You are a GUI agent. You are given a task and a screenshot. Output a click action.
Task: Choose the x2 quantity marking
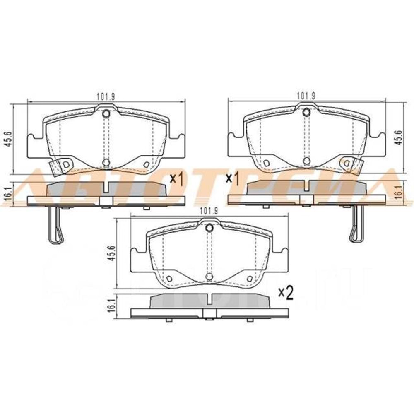pyautogui.click(x=286, y=293)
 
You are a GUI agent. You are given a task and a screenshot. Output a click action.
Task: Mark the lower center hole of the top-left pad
pyautogui.click(x=106, y=162)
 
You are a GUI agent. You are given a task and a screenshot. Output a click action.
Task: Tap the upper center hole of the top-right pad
pyautogui.click(x=306, y=111)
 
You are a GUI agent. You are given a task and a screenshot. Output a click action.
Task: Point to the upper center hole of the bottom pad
pyautogui.click(x=209, y=227)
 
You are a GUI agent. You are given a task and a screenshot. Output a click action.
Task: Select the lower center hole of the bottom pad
pyautogui.click(x=209, y=277)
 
